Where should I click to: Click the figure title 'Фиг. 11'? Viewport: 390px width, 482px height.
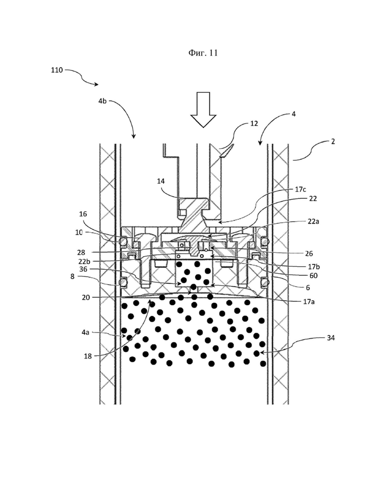[x=203, y=53]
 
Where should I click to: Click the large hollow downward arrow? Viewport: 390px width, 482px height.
[x=203, y=110]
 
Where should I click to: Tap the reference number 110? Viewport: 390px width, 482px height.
[x=57, y=70]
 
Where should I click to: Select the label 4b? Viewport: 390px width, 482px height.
[x=102, y=101]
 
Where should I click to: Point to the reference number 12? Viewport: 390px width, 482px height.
[x=254, y=123]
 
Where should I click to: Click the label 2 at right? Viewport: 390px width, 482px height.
[x=332, y=141]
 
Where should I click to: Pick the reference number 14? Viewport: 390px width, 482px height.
[x=160, y=181]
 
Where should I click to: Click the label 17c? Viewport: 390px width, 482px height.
[x=300, y=189]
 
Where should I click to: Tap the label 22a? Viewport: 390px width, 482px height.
[x=313, y=221]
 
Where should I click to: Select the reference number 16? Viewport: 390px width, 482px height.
[x=83, y=214]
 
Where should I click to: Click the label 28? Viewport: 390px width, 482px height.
[x=81, y=252]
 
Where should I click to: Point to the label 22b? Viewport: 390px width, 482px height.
[x=84, y=261]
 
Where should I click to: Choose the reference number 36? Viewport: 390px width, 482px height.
[x=83, y=269]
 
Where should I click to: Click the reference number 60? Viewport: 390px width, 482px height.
[x=313, y=276]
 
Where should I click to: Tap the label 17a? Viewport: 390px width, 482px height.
[x=308, y=302]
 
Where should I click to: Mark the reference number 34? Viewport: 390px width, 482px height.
[x=331, y=338]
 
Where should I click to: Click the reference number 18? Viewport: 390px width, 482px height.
[x=87, y=357]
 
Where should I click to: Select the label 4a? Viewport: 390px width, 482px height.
[x=85, y=332]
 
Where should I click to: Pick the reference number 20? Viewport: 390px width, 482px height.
[x=86, y=298]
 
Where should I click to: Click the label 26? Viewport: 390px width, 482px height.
[x=308, y=253]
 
